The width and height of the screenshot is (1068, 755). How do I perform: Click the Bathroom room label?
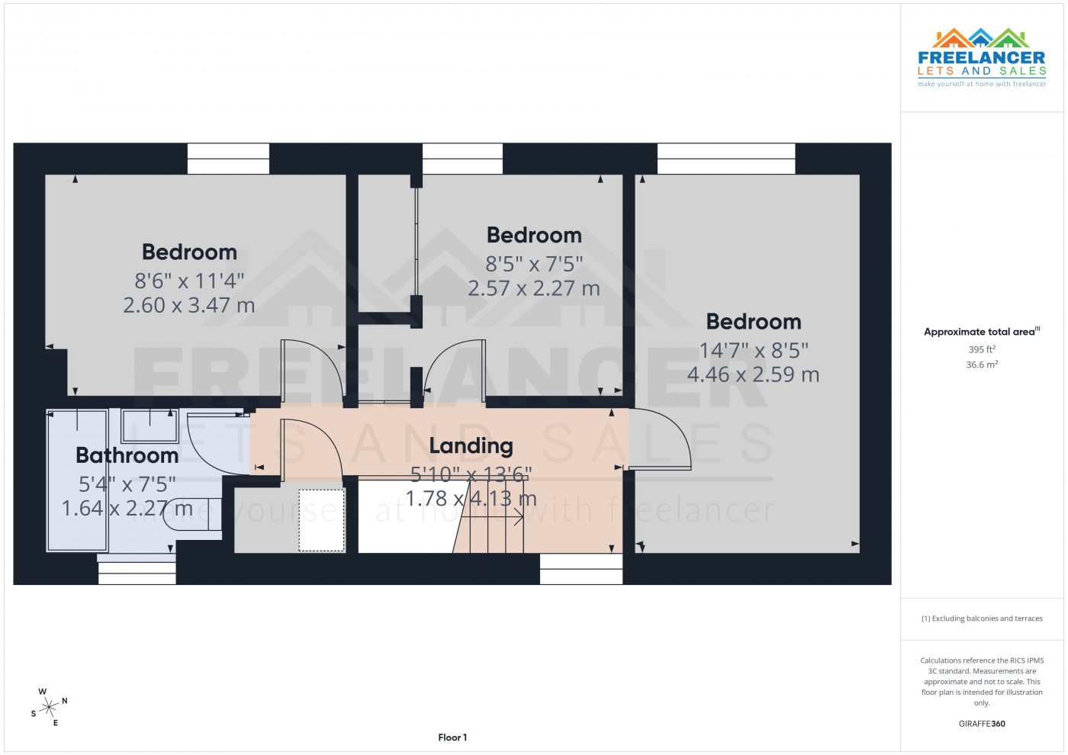coord(127,455)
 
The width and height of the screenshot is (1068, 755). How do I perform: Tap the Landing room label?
coord(471,445)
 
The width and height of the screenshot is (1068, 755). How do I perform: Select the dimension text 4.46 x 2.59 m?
coord(753,374)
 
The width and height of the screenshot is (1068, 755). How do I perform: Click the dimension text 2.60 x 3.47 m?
coord(189,305)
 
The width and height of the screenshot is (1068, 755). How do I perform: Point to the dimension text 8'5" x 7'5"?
coord(534,264)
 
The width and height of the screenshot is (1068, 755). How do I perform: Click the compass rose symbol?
coord(50,707)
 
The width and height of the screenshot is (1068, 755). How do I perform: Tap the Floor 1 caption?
coord(452,737)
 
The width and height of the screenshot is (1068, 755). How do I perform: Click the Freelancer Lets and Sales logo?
coord(981,58)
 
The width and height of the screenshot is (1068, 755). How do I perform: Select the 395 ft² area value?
coord(982,349)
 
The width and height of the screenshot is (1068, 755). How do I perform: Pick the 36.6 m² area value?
coord(982,365)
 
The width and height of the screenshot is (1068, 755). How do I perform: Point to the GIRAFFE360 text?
coord(982,724)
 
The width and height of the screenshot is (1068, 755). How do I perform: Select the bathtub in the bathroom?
coord(78,480)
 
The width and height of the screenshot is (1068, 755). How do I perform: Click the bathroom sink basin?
coord(150,426)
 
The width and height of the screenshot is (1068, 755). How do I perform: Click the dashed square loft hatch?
coord(321,520)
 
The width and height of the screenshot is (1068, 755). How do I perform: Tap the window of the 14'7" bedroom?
coord(725,159)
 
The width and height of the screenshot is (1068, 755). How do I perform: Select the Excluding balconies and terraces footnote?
coord(982,618)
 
